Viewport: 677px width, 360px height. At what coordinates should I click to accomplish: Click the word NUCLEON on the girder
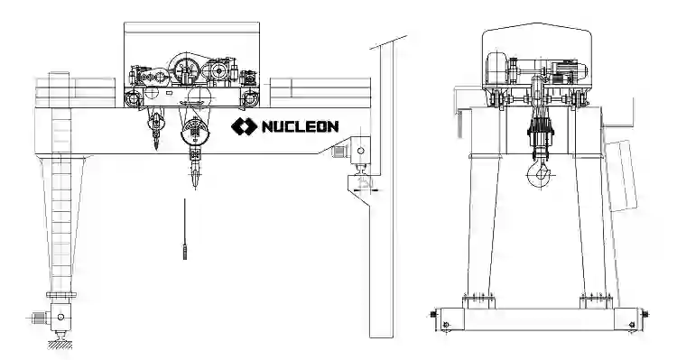[300, 126]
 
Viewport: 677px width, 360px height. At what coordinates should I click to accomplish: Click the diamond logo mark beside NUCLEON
[245, 126]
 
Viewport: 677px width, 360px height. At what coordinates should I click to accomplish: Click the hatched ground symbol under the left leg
[60, 344]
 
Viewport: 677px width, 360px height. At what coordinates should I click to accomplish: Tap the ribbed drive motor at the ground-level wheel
[40, 318]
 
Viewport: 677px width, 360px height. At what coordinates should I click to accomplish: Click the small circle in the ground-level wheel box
[60, 318]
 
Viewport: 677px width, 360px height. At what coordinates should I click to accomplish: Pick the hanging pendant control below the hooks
[185, 229]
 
